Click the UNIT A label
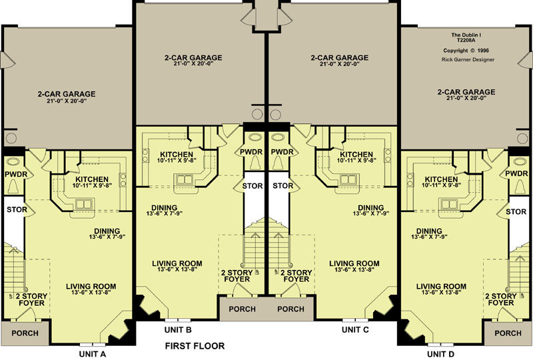[x=93, y=354]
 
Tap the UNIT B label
[x=178, y=330]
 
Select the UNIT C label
[x=355, y=330]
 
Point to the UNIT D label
[x=440, y=354]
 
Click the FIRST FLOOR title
[x=195, y=346]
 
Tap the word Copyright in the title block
[x=456, y=51]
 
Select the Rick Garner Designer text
[x=468, y=59]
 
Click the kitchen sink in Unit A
[x=84, y=204]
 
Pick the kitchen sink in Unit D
[x=448, y=204]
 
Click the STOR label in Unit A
[x=17, y=209]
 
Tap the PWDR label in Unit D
[x=516, y=173]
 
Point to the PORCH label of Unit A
[x=25, y=333]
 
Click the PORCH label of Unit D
[x=508, y=333]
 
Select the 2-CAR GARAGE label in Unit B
[x=193, y=58]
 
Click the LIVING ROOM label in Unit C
[x=354, y=263]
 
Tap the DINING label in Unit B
[x=164, y=207]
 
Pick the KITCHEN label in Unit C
[x=356, y=155]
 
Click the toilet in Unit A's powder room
[x=13, y=187]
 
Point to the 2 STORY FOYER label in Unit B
[x=237, y=276]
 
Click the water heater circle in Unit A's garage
[x=11, y=138]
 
